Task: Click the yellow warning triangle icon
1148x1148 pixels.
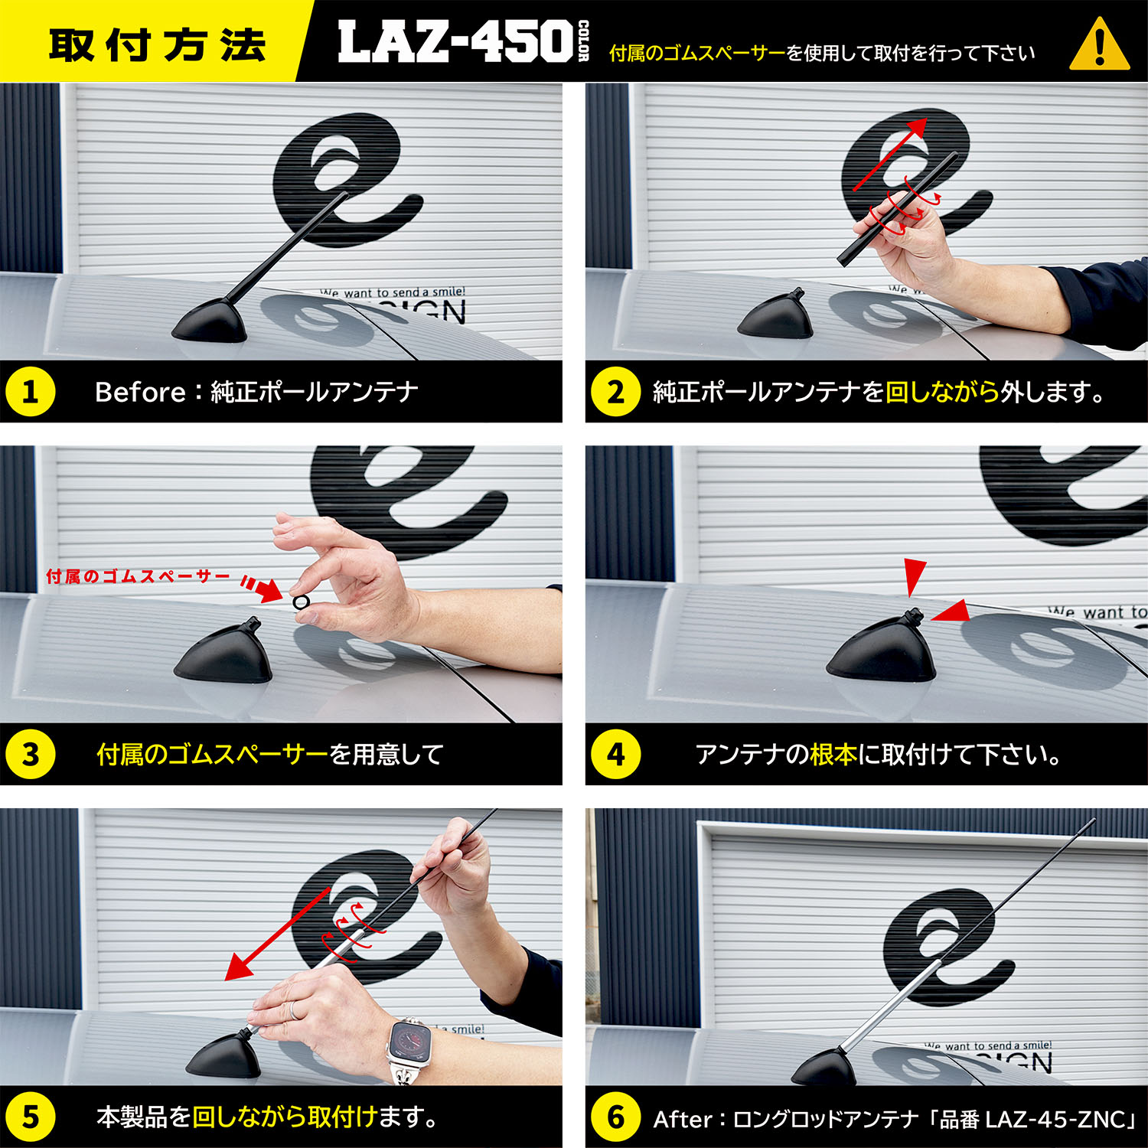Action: point(1100,47)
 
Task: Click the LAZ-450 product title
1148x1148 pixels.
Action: point(456,42)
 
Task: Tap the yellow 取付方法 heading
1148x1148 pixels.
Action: point(157,44)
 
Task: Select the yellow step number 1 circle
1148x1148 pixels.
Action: point(30,392)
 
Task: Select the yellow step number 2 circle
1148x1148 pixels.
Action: point(615,392)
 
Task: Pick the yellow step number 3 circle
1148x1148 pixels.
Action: point(30,754)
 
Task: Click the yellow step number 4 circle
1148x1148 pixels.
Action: point(615,754)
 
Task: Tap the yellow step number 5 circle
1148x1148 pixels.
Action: point(30,1117)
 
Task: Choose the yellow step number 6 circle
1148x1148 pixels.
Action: point(615,1117)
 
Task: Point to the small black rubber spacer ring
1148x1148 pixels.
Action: point(301,602)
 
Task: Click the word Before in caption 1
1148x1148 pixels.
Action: point(140,392)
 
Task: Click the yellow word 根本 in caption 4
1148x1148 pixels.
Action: point(833,755)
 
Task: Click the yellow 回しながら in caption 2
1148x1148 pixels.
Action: point(943,392)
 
